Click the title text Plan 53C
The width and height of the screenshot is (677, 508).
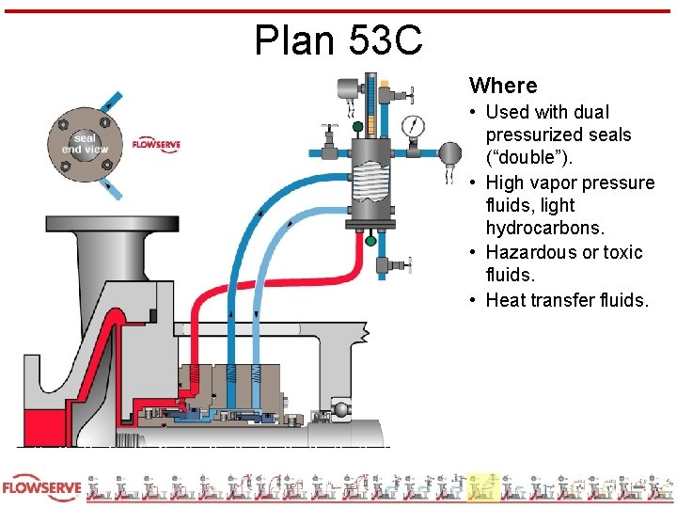338,40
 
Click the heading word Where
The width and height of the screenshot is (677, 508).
503,86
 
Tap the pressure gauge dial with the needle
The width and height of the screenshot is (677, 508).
413,124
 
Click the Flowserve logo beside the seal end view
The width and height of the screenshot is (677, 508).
156,144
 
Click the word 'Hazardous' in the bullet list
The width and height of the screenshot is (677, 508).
529,252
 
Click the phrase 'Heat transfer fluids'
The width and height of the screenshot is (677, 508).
567,299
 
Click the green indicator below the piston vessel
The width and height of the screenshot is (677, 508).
370,242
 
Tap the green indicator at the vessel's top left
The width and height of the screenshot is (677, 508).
357,126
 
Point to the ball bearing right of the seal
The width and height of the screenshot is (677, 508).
342,410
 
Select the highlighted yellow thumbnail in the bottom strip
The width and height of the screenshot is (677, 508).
483,486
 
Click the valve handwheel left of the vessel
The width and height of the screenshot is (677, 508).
328,126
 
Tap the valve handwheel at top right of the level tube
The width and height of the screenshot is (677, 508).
409,92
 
